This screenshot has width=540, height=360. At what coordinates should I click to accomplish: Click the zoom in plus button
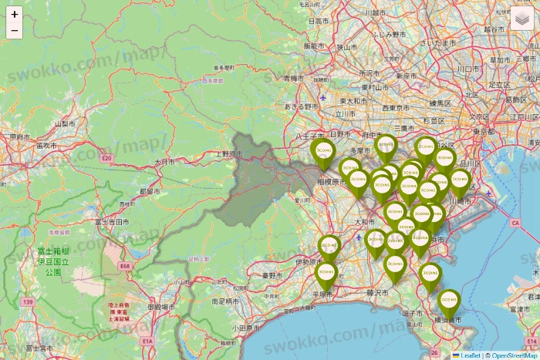coord(15,15)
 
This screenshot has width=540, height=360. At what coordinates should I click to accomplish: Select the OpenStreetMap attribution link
coord(514,355)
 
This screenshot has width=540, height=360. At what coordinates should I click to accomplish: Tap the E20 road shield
coord(106,158)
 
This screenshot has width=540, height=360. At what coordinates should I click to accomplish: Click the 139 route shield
coord(29,302)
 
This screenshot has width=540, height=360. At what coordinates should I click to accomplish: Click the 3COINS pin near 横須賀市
coord(449,301)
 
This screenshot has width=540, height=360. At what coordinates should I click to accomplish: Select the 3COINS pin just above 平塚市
coord(326,274)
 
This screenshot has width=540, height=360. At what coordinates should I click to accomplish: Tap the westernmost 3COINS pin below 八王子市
coord(322,150)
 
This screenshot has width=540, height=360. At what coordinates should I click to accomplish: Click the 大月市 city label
coord(165,163)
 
